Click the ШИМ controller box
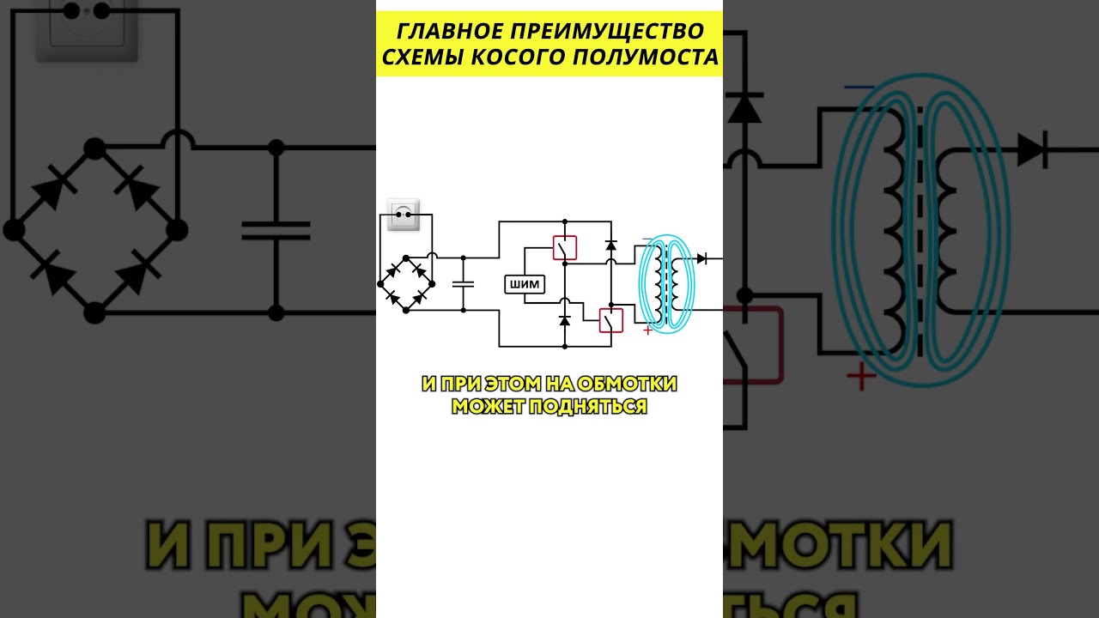[x=525, y=286]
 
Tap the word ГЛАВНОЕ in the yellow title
[x=437, y=32]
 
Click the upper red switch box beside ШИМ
[x=564, y=248]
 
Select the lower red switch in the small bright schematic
[x=610, y=319]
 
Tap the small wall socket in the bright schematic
[x=403, y=215]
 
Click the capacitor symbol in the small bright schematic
[x=463, y=283]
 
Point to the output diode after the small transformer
[x=701, y=258]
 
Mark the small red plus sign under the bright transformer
[x=647, y=330]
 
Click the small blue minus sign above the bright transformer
[x=647, y=239]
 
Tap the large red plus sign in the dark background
[x=861, y=377]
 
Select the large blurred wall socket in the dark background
[x=86, y=30]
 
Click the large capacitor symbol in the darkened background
[x=276, y=229]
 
